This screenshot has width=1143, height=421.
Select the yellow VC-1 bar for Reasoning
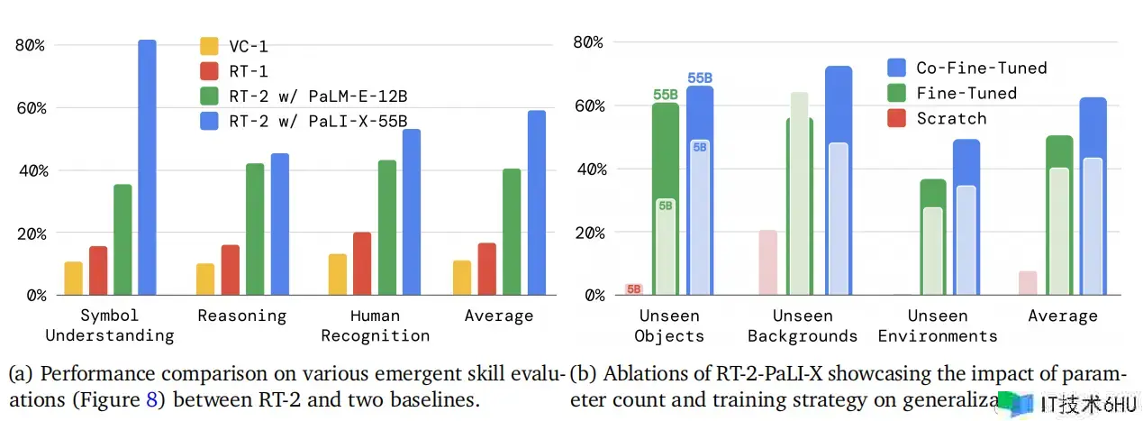click(x=205, y=279)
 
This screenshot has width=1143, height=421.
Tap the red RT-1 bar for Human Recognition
click(x=362, y=263)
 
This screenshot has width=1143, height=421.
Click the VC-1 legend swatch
click(x=209, y=46)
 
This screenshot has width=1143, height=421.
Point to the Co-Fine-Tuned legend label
click(x=982, y=68)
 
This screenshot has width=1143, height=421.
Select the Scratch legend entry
click(x=951, y=118)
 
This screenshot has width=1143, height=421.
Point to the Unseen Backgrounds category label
click(x=802, y=325)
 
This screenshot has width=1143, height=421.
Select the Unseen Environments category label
click(x=938, y=325)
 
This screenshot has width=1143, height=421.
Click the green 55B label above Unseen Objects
click(x=666, y=94)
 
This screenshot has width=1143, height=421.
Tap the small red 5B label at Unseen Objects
click(x=634, y=289)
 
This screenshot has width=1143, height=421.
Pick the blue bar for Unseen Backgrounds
click(x=838, y=180)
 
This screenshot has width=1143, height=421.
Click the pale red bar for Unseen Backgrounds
click(x=767, y=262)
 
